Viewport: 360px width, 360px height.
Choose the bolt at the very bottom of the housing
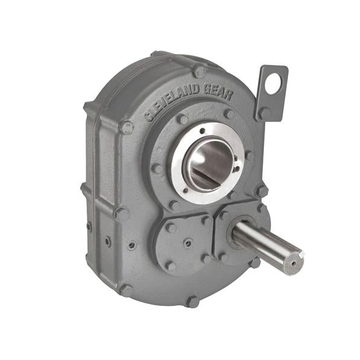tap(193, 301)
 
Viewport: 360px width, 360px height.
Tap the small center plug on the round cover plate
tap(188, 243)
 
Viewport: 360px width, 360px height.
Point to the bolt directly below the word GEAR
tap(229, 114)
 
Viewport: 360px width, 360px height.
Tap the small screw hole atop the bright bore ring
tap(202, 130)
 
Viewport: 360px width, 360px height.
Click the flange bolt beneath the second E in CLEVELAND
tap(182, 119)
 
